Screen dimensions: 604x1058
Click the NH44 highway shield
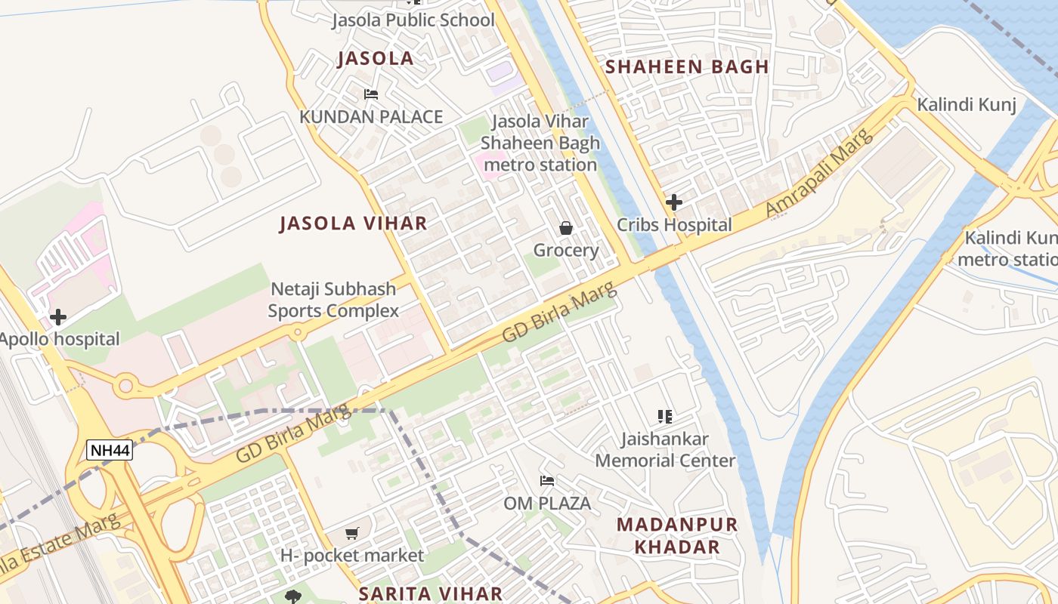(110, 451)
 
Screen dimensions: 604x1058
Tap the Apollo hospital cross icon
(58, 317)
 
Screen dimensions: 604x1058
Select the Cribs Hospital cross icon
(674, 202)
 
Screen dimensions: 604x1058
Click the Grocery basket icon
(565, 228)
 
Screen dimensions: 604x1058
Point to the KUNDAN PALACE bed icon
(371, 94)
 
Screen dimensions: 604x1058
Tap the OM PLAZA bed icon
(547, 481)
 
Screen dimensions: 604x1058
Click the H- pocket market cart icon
(352, 534)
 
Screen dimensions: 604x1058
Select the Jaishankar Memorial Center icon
(665, 416)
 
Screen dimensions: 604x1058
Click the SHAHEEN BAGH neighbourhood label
(687, 66)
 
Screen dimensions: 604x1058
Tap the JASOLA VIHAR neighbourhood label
(353, 223)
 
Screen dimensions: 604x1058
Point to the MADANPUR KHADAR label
(676, 536)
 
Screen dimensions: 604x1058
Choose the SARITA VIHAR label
(431, 593)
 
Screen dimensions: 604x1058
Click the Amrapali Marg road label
(820, 173)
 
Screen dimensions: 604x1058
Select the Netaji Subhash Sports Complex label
(333, 300)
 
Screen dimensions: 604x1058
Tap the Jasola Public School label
(413, 20)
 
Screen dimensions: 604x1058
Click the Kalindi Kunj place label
(967, 105)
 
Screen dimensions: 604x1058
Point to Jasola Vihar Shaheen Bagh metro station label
(540, 143)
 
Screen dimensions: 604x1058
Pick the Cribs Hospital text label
(674, 225)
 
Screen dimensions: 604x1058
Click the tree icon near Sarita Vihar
(293, 597)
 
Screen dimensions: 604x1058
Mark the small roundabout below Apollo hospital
(125, 387)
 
